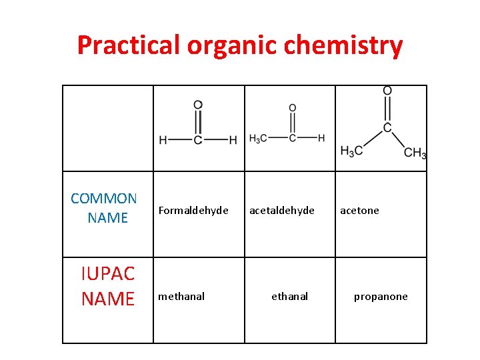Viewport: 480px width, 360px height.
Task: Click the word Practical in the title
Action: pyautogui.click(x=128, y=45)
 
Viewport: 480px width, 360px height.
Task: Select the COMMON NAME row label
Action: pyautogui.click(x=105, y=208)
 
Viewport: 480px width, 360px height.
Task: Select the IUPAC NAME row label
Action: pyautogui.click(x=107, y=285)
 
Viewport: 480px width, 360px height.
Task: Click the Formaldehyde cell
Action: pyautogui.click(x=193, y=211)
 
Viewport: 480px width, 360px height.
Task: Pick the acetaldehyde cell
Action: pyautogui.click(x=282, y=211)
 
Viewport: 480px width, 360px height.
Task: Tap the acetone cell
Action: pyautogui.click(x=359, y=211)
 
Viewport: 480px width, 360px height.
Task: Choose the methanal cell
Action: pyautogui.click(x=181, y=297)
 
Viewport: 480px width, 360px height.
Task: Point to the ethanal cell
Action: pyautogui.click(x=289, y=297)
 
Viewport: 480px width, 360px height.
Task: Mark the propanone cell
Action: pyautogui.click(x=381, y=297)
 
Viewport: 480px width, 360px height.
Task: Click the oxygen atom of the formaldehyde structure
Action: pyautogui.click(x=198, y=105)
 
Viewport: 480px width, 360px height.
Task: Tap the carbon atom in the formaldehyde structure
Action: pyautogui.click(x=198, y=140)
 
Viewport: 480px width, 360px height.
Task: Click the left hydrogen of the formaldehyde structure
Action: pyautogui.click(x=163, y=140)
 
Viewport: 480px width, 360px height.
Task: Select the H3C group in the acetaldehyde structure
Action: pyautogui.click(x=258, y=138)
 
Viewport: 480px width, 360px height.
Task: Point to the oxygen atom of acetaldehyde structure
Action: pyautogui.click(x=292, y=108)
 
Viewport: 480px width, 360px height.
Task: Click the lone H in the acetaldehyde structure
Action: pyautogui.click(x=321, y=138)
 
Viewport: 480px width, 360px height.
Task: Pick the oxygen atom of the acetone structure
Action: pyautogui.click(x=387, y=91)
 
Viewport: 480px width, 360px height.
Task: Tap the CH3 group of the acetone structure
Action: pyautogui.click(x=415, y=153)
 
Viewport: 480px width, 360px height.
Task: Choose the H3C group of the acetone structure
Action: pyautogui.click(x=351, y=151)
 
